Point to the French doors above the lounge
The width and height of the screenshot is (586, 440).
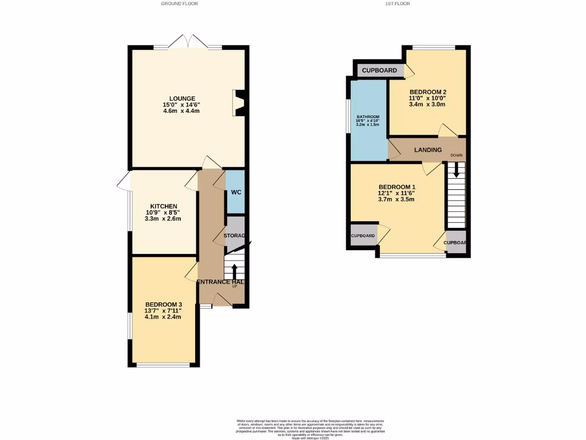click(188, 42)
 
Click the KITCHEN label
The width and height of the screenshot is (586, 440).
click(164, 206)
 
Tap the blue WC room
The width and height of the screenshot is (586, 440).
click(235, 192)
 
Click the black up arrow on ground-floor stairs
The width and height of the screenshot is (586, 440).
click(235, 271)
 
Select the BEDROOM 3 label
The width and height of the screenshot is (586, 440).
click(164, 304)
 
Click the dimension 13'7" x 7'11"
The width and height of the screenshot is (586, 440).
click(164, 311)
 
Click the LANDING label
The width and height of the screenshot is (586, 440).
click(428, 150)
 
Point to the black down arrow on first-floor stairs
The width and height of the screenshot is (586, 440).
click(456, 170)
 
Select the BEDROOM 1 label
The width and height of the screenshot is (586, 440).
click(397, 187)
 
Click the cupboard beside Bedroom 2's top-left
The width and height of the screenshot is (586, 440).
click(379, 70)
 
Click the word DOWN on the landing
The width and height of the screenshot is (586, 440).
click(457, 155)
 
